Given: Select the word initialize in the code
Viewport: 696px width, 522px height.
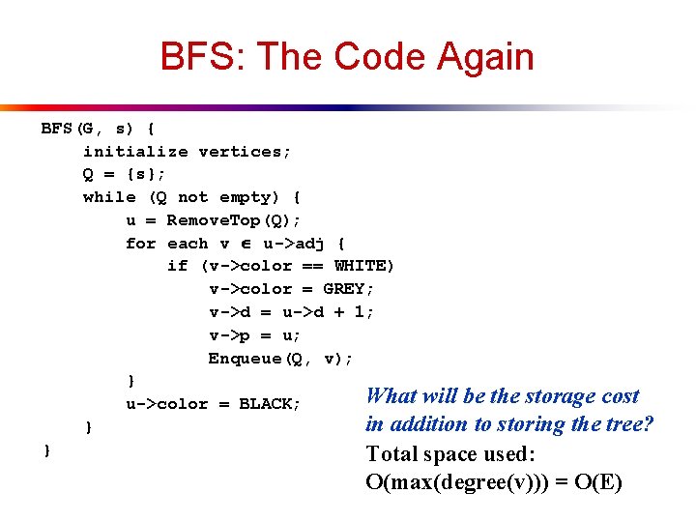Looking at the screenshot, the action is (x=135, y=151).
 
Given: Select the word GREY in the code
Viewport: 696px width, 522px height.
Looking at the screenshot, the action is (x=343, y=289).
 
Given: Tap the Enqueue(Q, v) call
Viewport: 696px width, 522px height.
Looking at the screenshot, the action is (x=280, y=359).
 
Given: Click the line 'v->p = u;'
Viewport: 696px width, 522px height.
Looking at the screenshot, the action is (x=255, y=335).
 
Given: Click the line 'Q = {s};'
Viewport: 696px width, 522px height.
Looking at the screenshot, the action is (x=124, y=174).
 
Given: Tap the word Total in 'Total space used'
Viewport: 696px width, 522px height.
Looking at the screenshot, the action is (x=391, y=453).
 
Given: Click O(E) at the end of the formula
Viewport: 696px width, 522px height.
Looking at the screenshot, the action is (x=599, y=481).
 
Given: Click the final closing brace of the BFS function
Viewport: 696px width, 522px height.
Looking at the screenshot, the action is (x=45, y=450).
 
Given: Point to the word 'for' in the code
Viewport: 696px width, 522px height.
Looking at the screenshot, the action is (x=140, y=244).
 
